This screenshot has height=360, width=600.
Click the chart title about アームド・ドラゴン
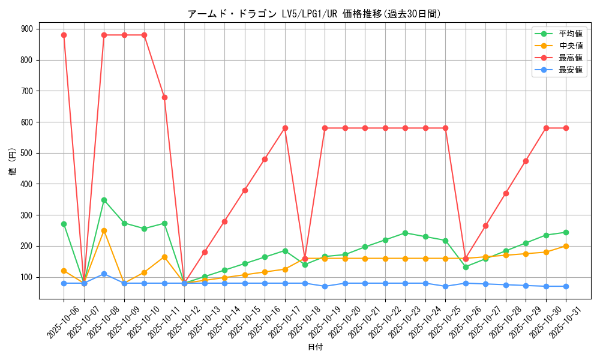pos(314,14)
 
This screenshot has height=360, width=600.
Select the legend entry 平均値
pos(571,34)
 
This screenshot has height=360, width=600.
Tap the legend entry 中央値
pos(571,46)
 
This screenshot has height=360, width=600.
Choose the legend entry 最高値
pos(571,58)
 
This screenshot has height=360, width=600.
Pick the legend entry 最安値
pos(571,70)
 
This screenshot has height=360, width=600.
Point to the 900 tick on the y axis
pos(28,29)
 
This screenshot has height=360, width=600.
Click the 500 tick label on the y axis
pos(28,153)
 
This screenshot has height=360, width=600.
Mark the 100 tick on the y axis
pos(28,277)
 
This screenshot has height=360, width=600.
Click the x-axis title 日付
pos(315,347)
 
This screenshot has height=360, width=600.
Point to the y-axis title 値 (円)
pos(13,163)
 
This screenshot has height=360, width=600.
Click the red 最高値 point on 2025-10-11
pos(164,97)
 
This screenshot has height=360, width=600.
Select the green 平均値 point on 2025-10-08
pos(104,200)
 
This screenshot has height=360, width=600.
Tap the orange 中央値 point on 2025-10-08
pos(104,230)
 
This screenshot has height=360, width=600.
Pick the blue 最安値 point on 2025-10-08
pos(104,274)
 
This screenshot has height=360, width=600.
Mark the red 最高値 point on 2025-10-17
pos(285,128)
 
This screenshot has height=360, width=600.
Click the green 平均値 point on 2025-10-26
pos(466,267)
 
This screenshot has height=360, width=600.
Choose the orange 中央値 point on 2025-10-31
pos(566,246)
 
